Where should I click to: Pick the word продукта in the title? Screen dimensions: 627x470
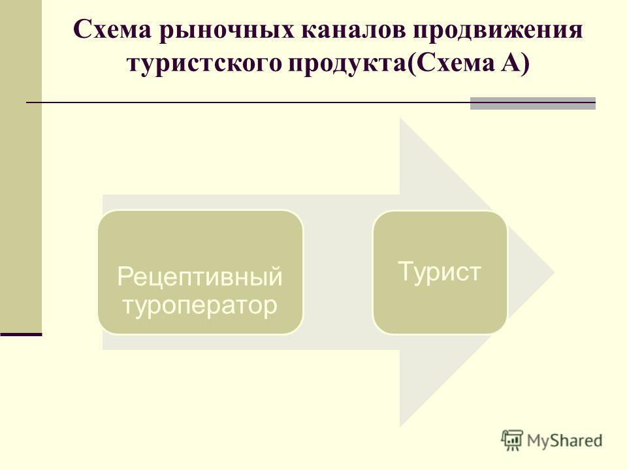click(x=347, y=64)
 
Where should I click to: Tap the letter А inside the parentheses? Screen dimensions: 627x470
click(x=510, y=63)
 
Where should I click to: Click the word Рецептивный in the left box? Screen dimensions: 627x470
click(x=200, y=277)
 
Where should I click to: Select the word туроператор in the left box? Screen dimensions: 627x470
click(x=200, y=305)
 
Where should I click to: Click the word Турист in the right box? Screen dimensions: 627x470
click(x=440, y=272)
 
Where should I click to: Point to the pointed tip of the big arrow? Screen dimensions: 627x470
click(x=555, y=272)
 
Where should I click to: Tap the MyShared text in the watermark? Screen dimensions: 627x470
click(x=564, y=441)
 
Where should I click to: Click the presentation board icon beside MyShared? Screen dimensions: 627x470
click(x=512, y=441)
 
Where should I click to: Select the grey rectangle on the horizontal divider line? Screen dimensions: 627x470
click(x=533, y=103)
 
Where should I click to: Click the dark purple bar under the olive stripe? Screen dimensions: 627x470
click(x=21, y=334)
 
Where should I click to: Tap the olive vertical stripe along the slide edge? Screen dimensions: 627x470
click(x=21, y=166)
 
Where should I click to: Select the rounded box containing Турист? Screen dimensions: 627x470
click(x=440, y=272)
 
